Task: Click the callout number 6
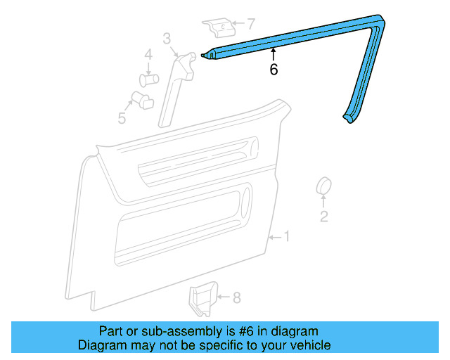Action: [274, 70]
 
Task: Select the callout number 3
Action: [167, 38]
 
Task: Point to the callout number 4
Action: [148, 55]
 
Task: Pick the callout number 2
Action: [324, 217]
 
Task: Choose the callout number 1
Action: [286, 236]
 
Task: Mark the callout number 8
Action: [236, 298]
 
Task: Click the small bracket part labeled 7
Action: [220, 29]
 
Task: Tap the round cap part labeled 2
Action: [324, 187]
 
